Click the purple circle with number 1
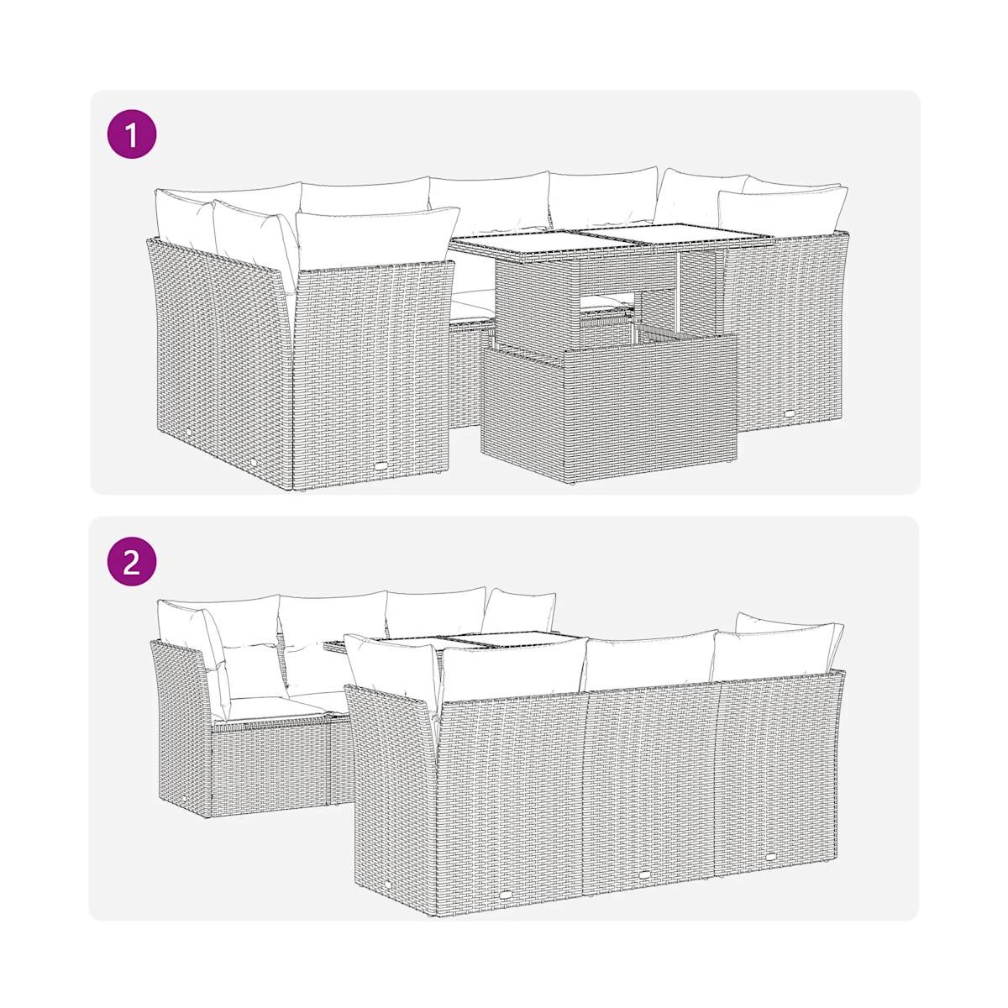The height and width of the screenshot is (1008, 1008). tap(131, 134)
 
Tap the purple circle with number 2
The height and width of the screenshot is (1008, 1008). tap(131, 564)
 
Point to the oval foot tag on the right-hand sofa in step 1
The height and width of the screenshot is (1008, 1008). tap(790, 413)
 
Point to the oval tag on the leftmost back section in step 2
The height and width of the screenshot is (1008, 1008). tap(506, 895)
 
